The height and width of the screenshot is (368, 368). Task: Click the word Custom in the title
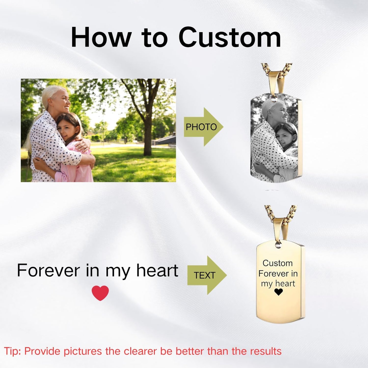tap(230, 38)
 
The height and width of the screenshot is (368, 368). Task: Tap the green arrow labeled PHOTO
tap(203, 127)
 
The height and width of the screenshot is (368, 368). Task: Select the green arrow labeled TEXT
tap(206, 275)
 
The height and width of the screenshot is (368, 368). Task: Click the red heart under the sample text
tap(100, 293)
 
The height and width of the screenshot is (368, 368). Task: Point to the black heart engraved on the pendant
tap(278, 292)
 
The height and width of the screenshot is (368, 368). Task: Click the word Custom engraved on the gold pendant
tap(278, 263)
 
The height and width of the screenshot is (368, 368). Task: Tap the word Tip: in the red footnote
tap(13, 351)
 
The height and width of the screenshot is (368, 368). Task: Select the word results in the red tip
tap(266, 351)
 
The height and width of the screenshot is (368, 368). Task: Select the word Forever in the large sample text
tap(48, 270)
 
